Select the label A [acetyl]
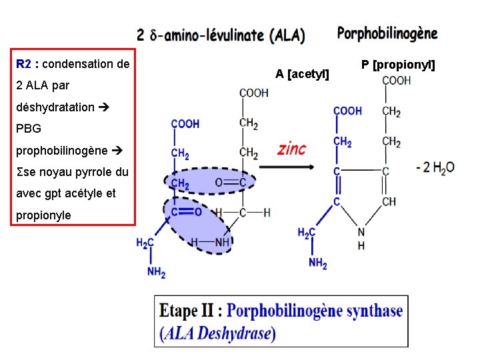click(x=303, y=73)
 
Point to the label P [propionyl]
click(x=398, y=65)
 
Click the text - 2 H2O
click(x=435, y=167)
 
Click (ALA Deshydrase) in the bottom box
click(x=217, y=333)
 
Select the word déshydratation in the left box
click(x=55, y=107)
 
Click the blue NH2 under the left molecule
click(x=156, y=272)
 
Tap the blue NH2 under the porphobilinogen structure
click(x=318, y=263)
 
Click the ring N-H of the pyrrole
click(x=361, y=238)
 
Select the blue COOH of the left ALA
click(x=185, y=123)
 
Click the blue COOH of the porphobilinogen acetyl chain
click(x=347, y=110)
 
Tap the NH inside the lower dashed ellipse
click(x=222, y=241)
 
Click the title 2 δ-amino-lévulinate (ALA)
click(x=221, y=35)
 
